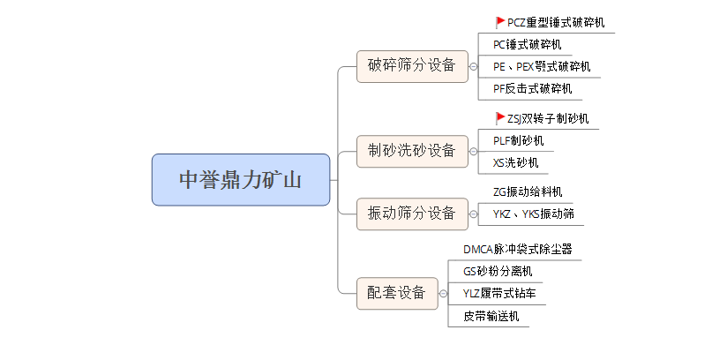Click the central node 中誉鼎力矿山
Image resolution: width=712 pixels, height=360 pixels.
point(241,180)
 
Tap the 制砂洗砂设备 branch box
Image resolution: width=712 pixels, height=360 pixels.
point(412,150)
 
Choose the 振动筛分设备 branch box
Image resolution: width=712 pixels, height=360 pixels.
point(412,214)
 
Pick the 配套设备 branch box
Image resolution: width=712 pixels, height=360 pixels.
point(397,293)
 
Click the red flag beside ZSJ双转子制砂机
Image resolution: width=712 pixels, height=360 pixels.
point(500,118)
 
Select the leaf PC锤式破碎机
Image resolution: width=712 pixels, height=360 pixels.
point(527,45)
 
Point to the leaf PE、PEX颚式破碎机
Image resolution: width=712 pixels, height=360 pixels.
point(542,67)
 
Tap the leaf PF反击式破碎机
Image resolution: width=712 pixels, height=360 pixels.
point(532,89)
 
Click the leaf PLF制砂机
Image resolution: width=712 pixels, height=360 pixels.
point(519,140)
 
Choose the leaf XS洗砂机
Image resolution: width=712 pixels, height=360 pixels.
point(514,162)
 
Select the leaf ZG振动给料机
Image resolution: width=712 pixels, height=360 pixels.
point(528,191)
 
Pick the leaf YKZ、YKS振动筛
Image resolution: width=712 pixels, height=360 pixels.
point(533,214)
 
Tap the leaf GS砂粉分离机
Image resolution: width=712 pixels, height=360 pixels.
point(498,272)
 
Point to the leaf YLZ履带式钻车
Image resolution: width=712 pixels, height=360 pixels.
point(498,294)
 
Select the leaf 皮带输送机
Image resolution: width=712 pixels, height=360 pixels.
point(491,316)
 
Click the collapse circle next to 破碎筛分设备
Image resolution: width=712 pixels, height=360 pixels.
point(474,66)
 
